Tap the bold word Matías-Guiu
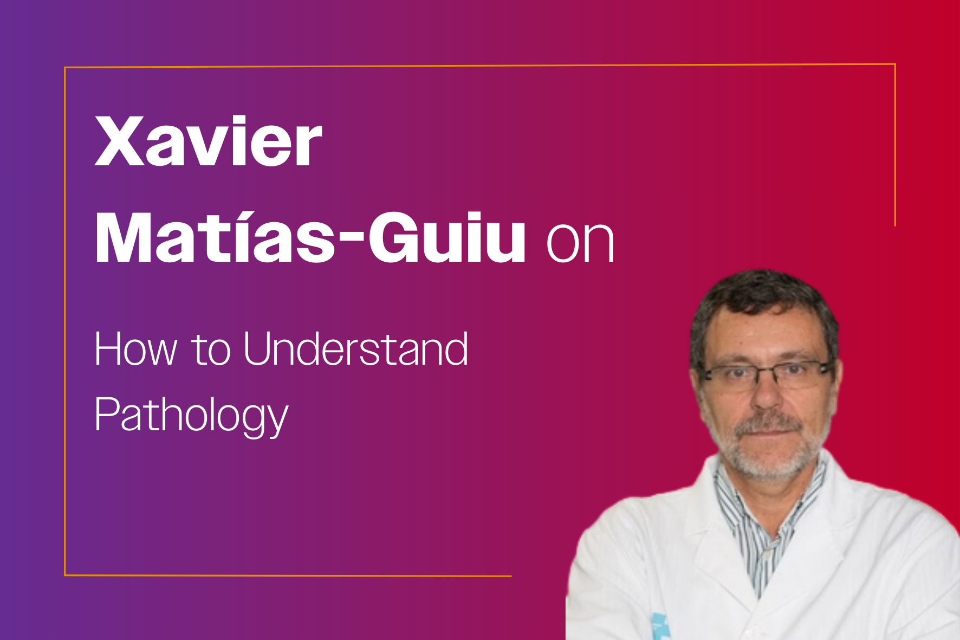(x=310, y=237)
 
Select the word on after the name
(x=580, y=242)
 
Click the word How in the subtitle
(x=136, y=349)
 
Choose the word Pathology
(x=191, y=415)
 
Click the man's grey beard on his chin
(x=769, y=461)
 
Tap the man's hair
(x=761, y=303)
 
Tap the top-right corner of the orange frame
(x=895, y=64)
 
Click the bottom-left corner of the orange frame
(x=65, y=575)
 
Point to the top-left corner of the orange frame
(x=65, y=68)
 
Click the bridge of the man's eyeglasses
(x=769, y=370)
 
